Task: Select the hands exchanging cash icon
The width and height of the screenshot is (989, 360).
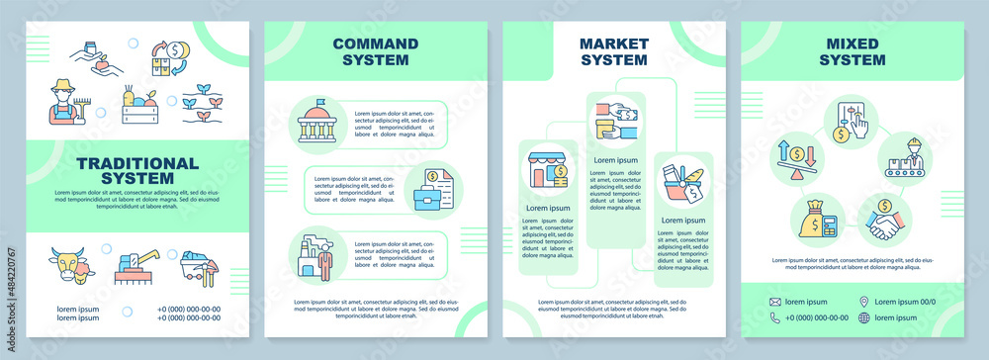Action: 615,125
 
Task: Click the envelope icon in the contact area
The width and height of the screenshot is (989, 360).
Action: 775,301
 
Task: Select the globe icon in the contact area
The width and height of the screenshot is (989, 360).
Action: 864,317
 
